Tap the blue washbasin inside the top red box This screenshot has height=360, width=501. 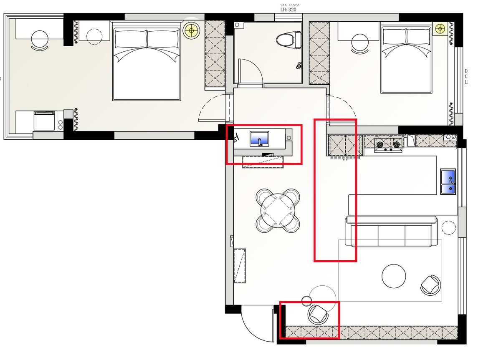pyautogui.click(x=260, y=138)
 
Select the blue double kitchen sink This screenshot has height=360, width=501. pyautogui.click(x=448, y=182)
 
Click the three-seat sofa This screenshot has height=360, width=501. pyautogui.click(x=391, y=232)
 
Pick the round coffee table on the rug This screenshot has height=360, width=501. pyautogui.click(x=394, y=276)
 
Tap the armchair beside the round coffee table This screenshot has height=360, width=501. pyautogui.click(x=430, y=285)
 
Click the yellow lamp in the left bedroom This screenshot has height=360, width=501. pyautogui.click(x=191, y=30)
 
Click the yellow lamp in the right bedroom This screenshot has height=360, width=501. pyautogui.click(x=440, y=28)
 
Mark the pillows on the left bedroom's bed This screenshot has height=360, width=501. pyautogui.click(x=147, y=40)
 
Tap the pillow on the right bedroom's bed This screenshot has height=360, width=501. pyautogui.click(x=406, y=37)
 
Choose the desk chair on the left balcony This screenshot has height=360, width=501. pyautogui.click(x=40, y=40)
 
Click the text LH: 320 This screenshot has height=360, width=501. pyautogui.click(x=288, y=8)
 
